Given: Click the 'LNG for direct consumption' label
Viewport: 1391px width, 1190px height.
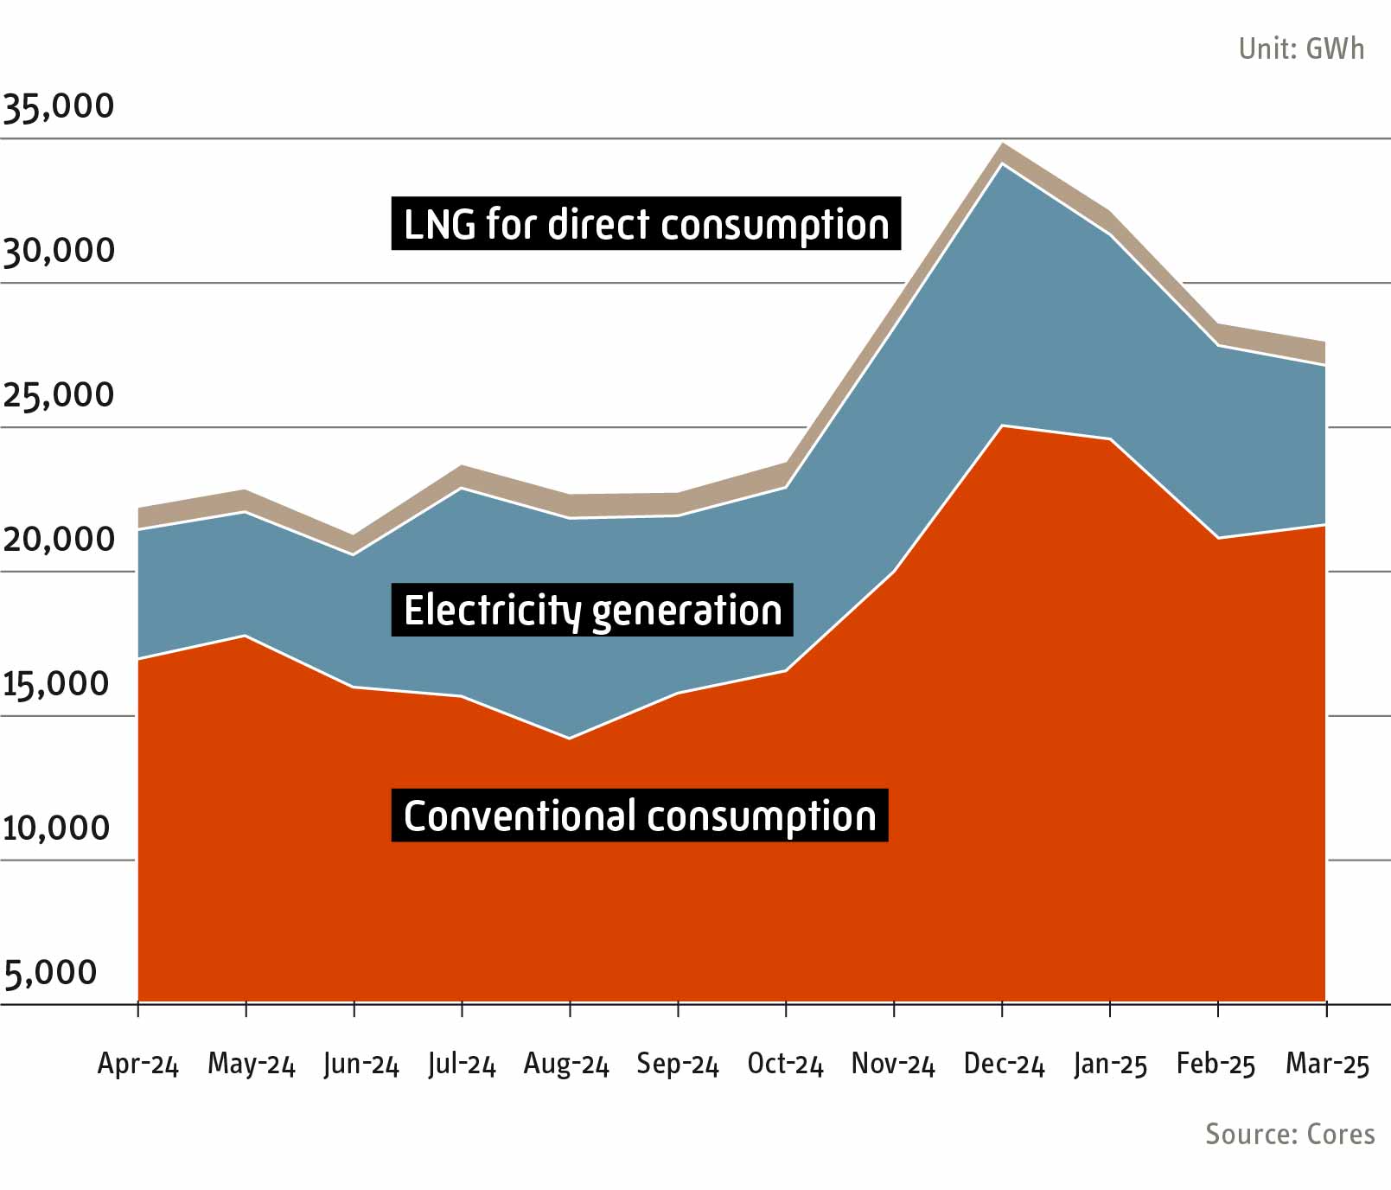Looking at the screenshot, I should tap(646, 224).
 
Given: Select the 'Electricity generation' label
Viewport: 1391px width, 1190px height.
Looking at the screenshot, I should tap(592, 611).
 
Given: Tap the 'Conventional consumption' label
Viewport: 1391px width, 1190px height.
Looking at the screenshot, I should tap(640, 816).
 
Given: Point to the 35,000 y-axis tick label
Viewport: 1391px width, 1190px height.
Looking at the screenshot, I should tap(59, 106).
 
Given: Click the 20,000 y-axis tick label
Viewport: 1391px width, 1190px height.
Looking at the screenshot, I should tap(59, 540).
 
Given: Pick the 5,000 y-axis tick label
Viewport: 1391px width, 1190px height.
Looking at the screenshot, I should tap(50, 973).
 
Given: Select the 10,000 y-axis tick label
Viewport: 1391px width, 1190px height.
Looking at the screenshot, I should tap(57, 829).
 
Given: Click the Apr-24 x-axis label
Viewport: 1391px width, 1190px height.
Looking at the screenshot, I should tap(137, 1064).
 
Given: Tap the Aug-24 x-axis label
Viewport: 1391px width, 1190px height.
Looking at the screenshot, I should tap(566, 1064).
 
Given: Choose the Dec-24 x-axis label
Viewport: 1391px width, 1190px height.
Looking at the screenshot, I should tap(1004, 1064).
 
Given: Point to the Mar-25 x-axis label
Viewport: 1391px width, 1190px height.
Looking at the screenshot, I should tap(1327, 1064).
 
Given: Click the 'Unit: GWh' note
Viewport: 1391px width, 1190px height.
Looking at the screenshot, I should tap(1300, 48).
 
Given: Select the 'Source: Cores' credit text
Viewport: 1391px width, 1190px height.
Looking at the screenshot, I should tap(1289, 1134).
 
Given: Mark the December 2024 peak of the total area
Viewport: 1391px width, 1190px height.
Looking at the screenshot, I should tap(1003, 144).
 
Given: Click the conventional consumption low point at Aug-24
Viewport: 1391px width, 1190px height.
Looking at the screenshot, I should tap(569, 739).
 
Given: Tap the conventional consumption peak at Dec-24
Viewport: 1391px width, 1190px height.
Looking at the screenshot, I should tap(1002, 425).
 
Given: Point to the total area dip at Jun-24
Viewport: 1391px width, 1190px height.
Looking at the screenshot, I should tap(354, 536).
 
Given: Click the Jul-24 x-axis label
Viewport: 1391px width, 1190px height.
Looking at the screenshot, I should tap(462, 1064).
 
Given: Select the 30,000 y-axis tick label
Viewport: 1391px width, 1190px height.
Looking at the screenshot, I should tap(59, 251).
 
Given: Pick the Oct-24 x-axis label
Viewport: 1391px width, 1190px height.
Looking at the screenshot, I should tap(785, 1064).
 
